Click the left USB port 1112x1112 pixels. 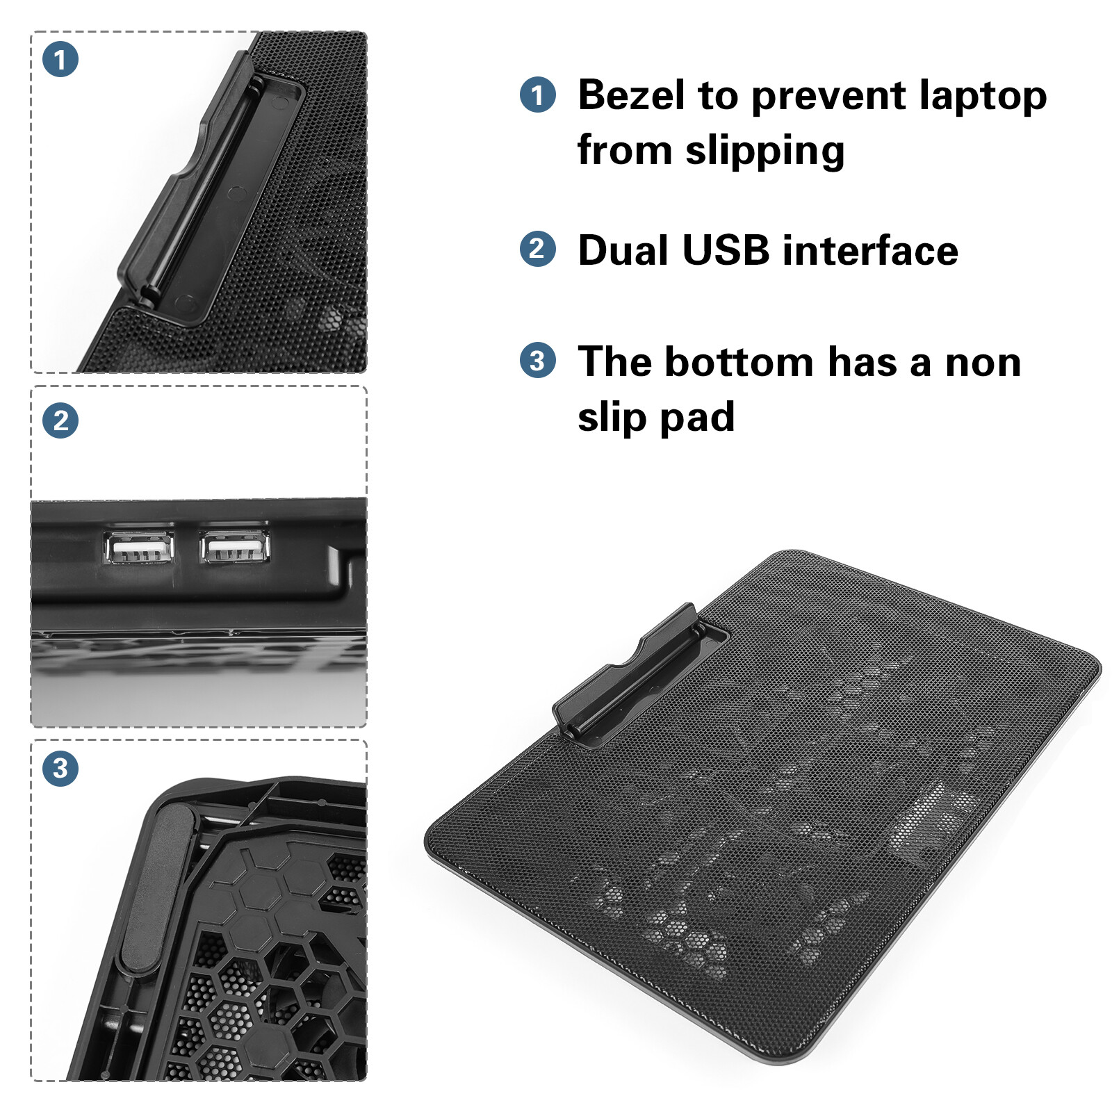tap(139, 547)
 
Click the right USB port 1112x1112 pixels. tap(235, 546)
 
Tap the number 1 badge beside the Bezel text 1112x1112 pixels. tap(538, 95)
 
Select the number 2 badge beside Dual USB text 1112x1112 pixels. tap(538, 249)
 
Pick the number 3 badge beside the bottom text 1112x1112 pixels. tap(538, 360)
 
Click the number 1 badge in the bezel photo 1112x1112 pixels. tap(60, 59)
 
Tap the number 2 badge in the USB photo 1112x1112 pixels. tap(60, 420)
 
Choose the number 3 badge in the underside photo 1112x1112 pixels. tap(60, 769)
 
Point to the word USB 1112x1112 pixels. tap(726, 250)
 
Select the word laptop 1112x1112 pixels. tap(981, 97)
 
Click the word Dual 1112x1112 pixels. tap(625, 250)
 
